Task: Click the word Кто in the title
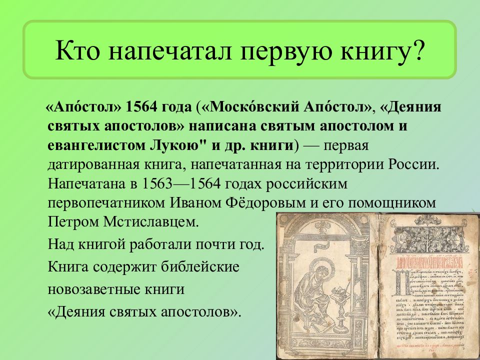pos(74,51)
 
